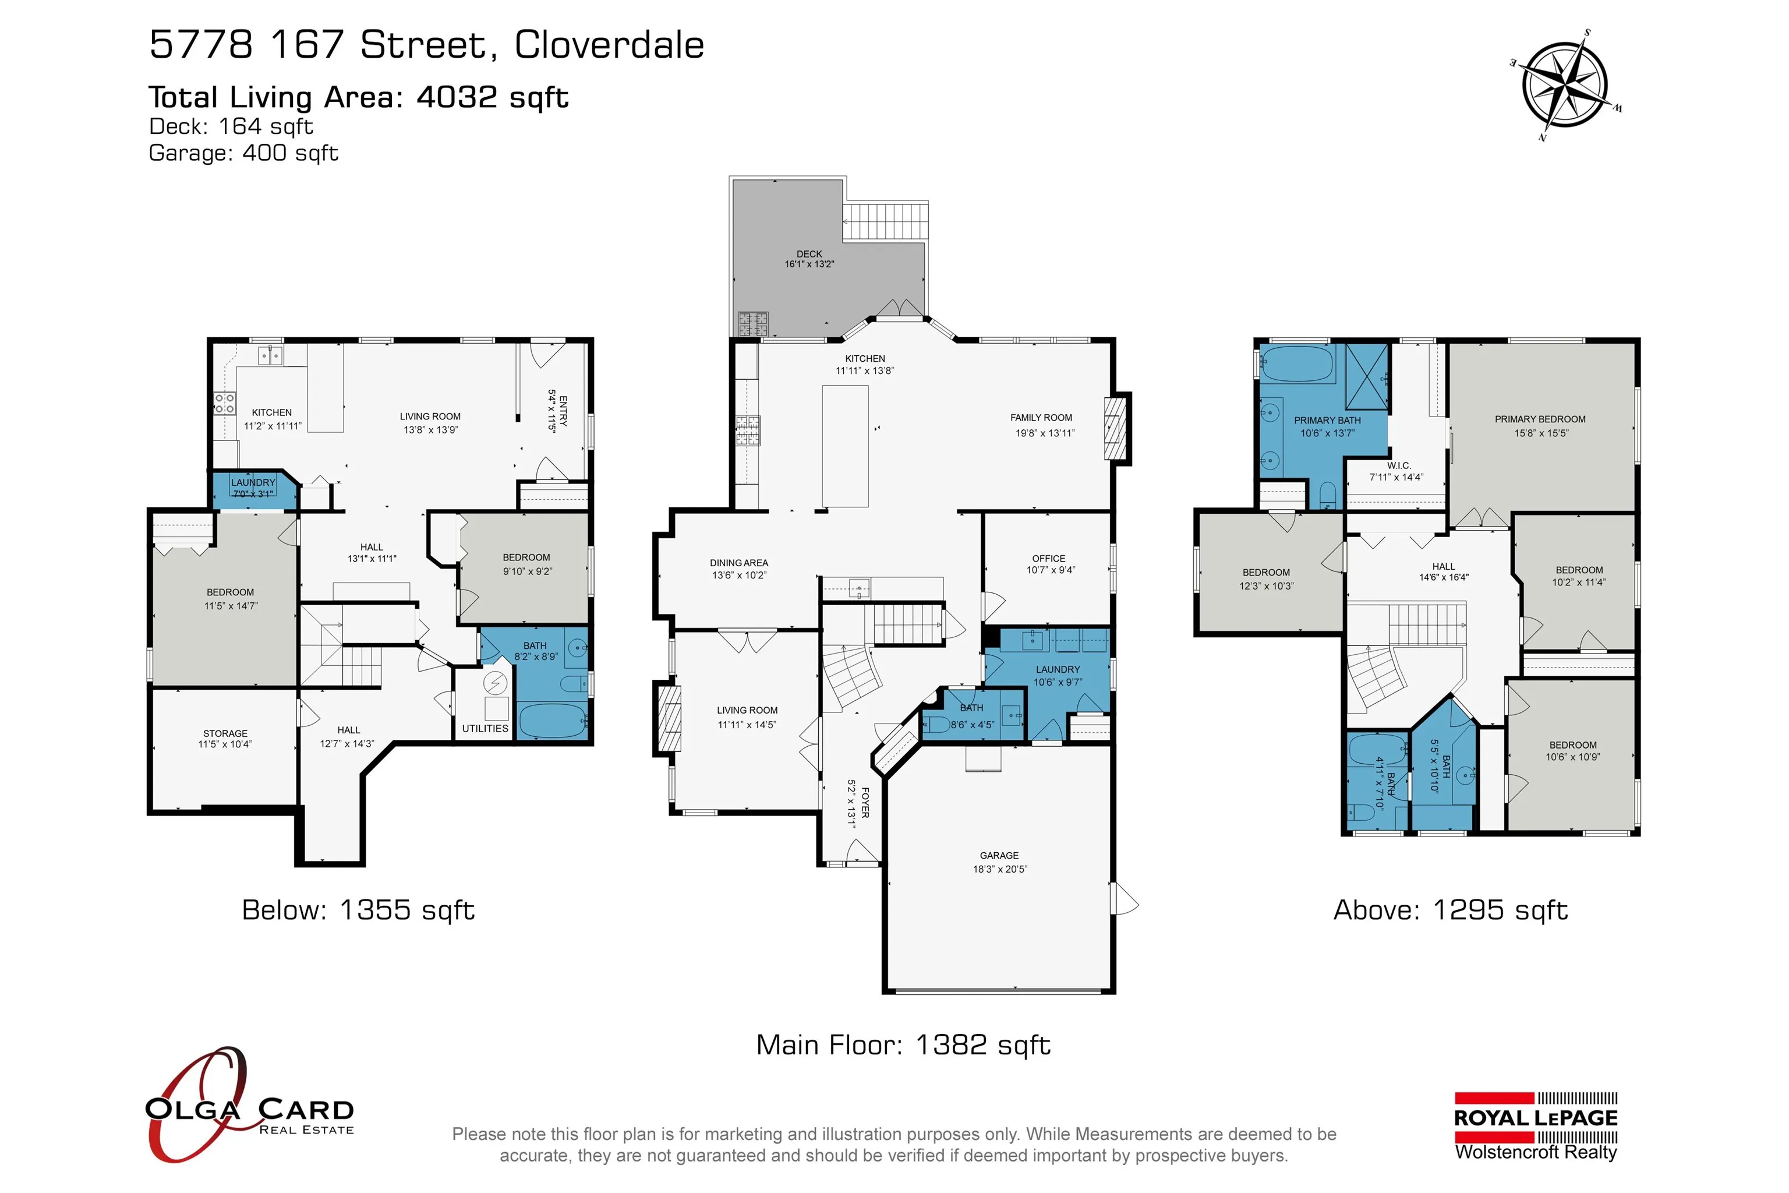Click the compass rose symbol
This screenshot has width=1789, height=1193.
click(1565, 85)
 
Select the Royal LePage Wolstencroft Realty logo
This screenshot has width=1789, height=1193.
click(1536, 1127)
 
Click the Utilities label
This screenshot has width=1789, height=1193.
click(485, 728)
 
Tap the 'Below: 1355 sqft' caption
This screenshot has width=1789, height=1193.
click(358, 910)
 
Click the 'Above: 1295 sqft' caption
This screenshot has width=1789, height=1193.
click(1451, 910)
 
